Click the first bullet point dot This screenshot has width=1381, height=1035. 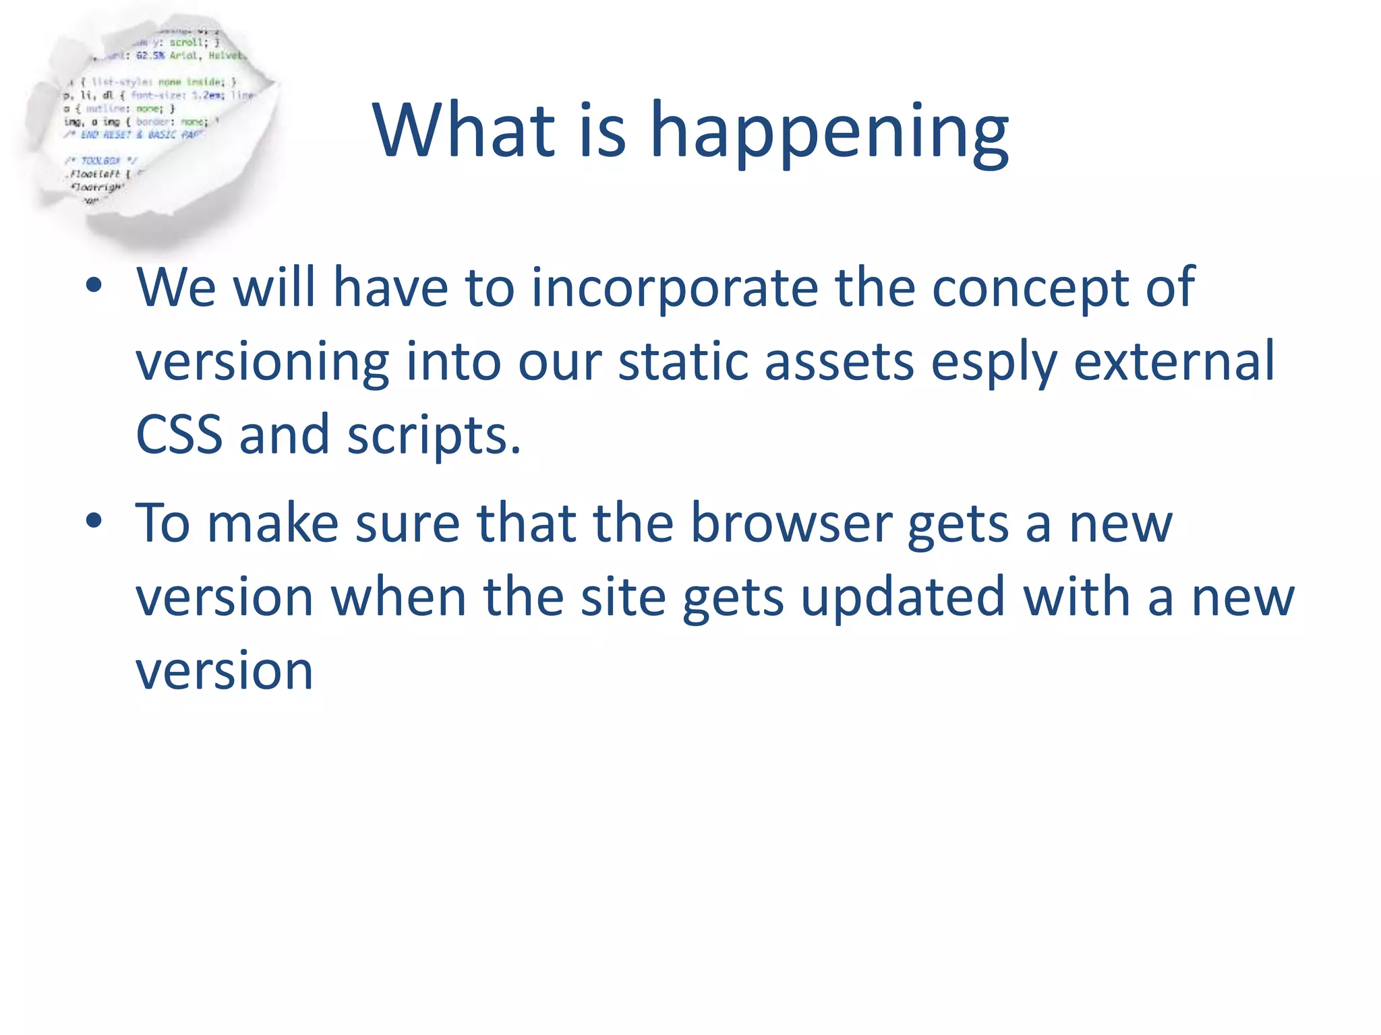(94, 286)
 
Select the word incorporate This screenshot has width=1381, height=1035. (674, 288)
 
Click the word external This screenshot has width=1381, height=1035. (1174, 362)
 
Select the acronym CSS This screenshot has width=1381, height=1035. (179, 435)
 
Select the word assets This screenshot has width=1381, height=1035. (839, 362)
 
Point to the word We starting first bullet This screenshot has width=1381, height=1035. (176, 288)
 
